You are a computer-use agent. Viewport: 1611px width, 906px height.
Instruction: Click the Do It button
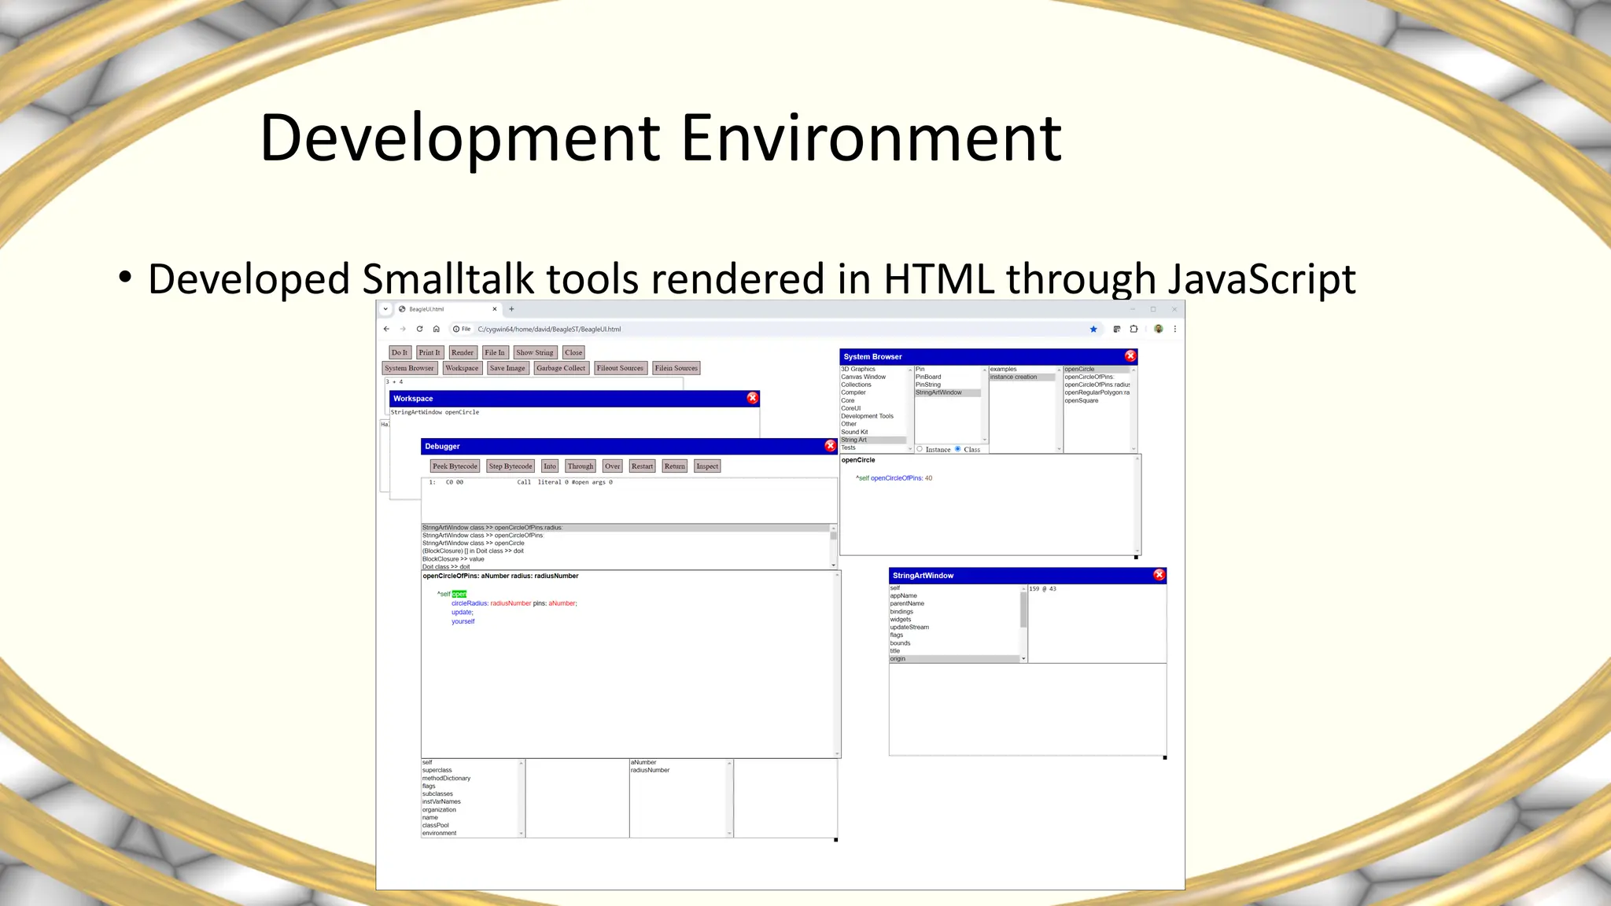coord(400,352)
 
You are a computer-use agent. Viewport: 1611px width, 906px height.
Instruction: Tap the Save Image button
coord(507,368)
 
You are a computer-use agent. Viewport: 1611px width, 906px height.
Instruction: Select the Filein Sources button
coord(676,368)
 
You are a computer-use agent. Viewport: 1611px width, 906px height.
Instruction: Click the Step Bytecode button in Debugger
coord(510,466)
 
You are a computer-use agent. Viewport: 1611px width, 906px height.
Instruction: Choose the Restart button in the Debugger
coord(642,466)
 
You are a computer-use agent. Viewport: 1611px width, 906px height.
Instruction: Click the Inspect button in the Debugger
coord(707,466)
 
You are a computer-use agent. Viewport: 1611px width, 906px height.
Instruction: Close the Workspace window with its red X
coord(752,398)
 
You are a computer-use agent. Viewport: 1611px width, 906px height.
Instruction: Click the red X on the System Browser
coord(1130,356)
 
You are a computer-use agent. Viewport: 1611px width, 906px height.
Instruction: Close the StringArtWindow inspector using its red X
coord(1159,575)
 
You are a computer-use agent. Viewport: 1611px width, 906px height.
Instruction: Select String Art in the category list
coord(854,440)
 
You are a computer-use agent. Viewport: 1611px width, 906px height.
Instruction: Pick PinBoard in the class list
coord(928,377)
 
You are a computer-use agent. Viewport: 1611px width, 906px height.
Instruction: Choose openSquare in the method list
coord(1082,400)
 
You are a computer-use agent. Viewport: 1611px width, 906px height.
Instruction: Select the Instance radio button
coord(920,449)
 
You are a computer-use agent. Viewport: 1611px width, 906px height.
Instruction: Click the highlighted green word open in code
coord(459,594)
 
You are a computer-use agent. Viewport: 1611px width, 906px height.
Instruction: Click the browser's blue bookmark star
coord(1093,330)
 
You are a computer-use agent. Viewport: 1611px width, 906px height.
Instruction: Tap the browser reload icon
coord(419,330)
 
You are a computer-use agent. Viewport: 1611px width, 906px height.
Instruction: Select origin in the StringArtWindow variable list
coord(898,659)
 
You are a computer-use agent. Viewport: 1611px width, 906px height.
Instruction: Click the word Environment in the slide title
coord(872,138)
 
